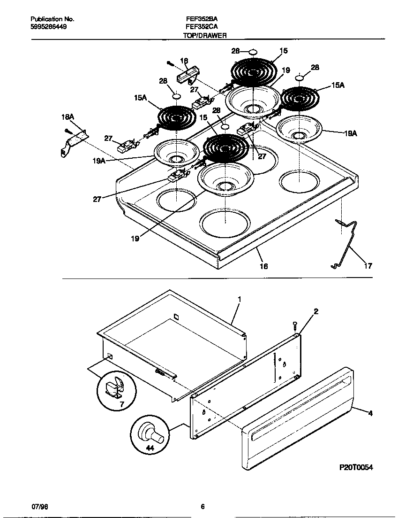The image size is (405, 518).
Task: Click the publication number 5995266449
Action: (48, 27)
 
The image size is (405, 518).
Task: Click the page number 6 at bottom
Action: (202, 507)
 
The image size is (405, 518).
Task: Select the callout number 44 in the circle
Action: (150, 448)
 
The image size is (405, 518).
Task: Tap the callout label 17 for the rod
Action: (368, 266)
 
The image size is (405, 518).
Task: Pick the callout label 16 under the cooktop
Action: (264, 266)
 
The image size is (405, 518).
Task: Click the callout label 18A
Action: (68, 116)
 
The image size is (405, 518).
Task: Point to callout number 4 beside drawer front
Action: (370, 413)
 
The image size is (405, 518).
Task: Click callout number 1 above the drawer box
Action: (239, 299)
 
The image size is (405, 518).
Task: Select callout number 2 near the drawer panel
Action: (316, 311)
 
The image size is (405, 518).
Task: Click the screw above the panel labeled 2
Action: (294, 325)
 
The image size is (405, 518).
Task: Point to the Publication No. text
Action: (52, 19)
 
